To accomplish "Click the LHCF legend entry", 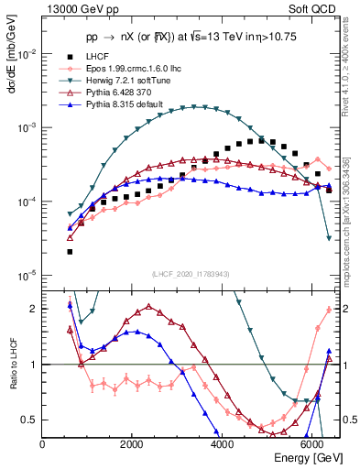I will click(x=93, y=57).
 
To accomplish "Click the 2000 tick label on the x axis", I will click(x=133, y=443).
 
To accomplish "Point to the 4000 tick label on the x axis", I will click(x=223, y=443).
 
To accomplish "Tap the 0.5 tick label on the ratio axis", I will click(x=29, y=420).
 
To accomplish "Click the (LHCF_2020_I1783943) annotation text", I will click(x=191, y=273).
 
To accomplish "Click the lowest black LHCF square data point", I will click(x=71, y=252).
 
